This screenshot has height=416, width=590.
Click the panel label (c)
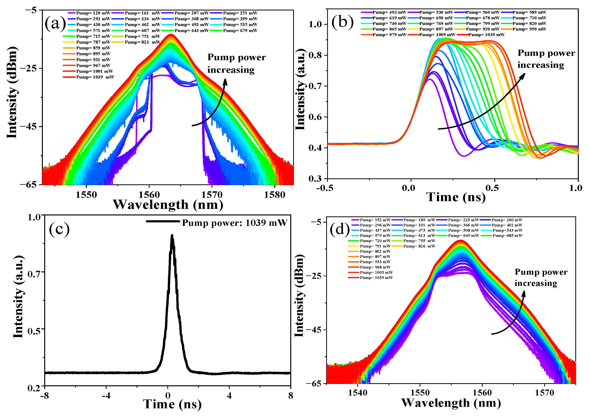[59, 229]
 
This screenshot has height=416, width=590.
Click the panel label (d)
[340, 229]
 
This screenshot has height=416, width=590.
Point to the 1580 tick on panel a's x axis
[275, 195]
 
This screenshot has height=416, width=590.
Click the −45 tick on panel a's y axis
[30, 126]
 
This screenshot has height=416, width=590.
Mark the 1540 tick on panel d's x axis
[357, 393]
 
